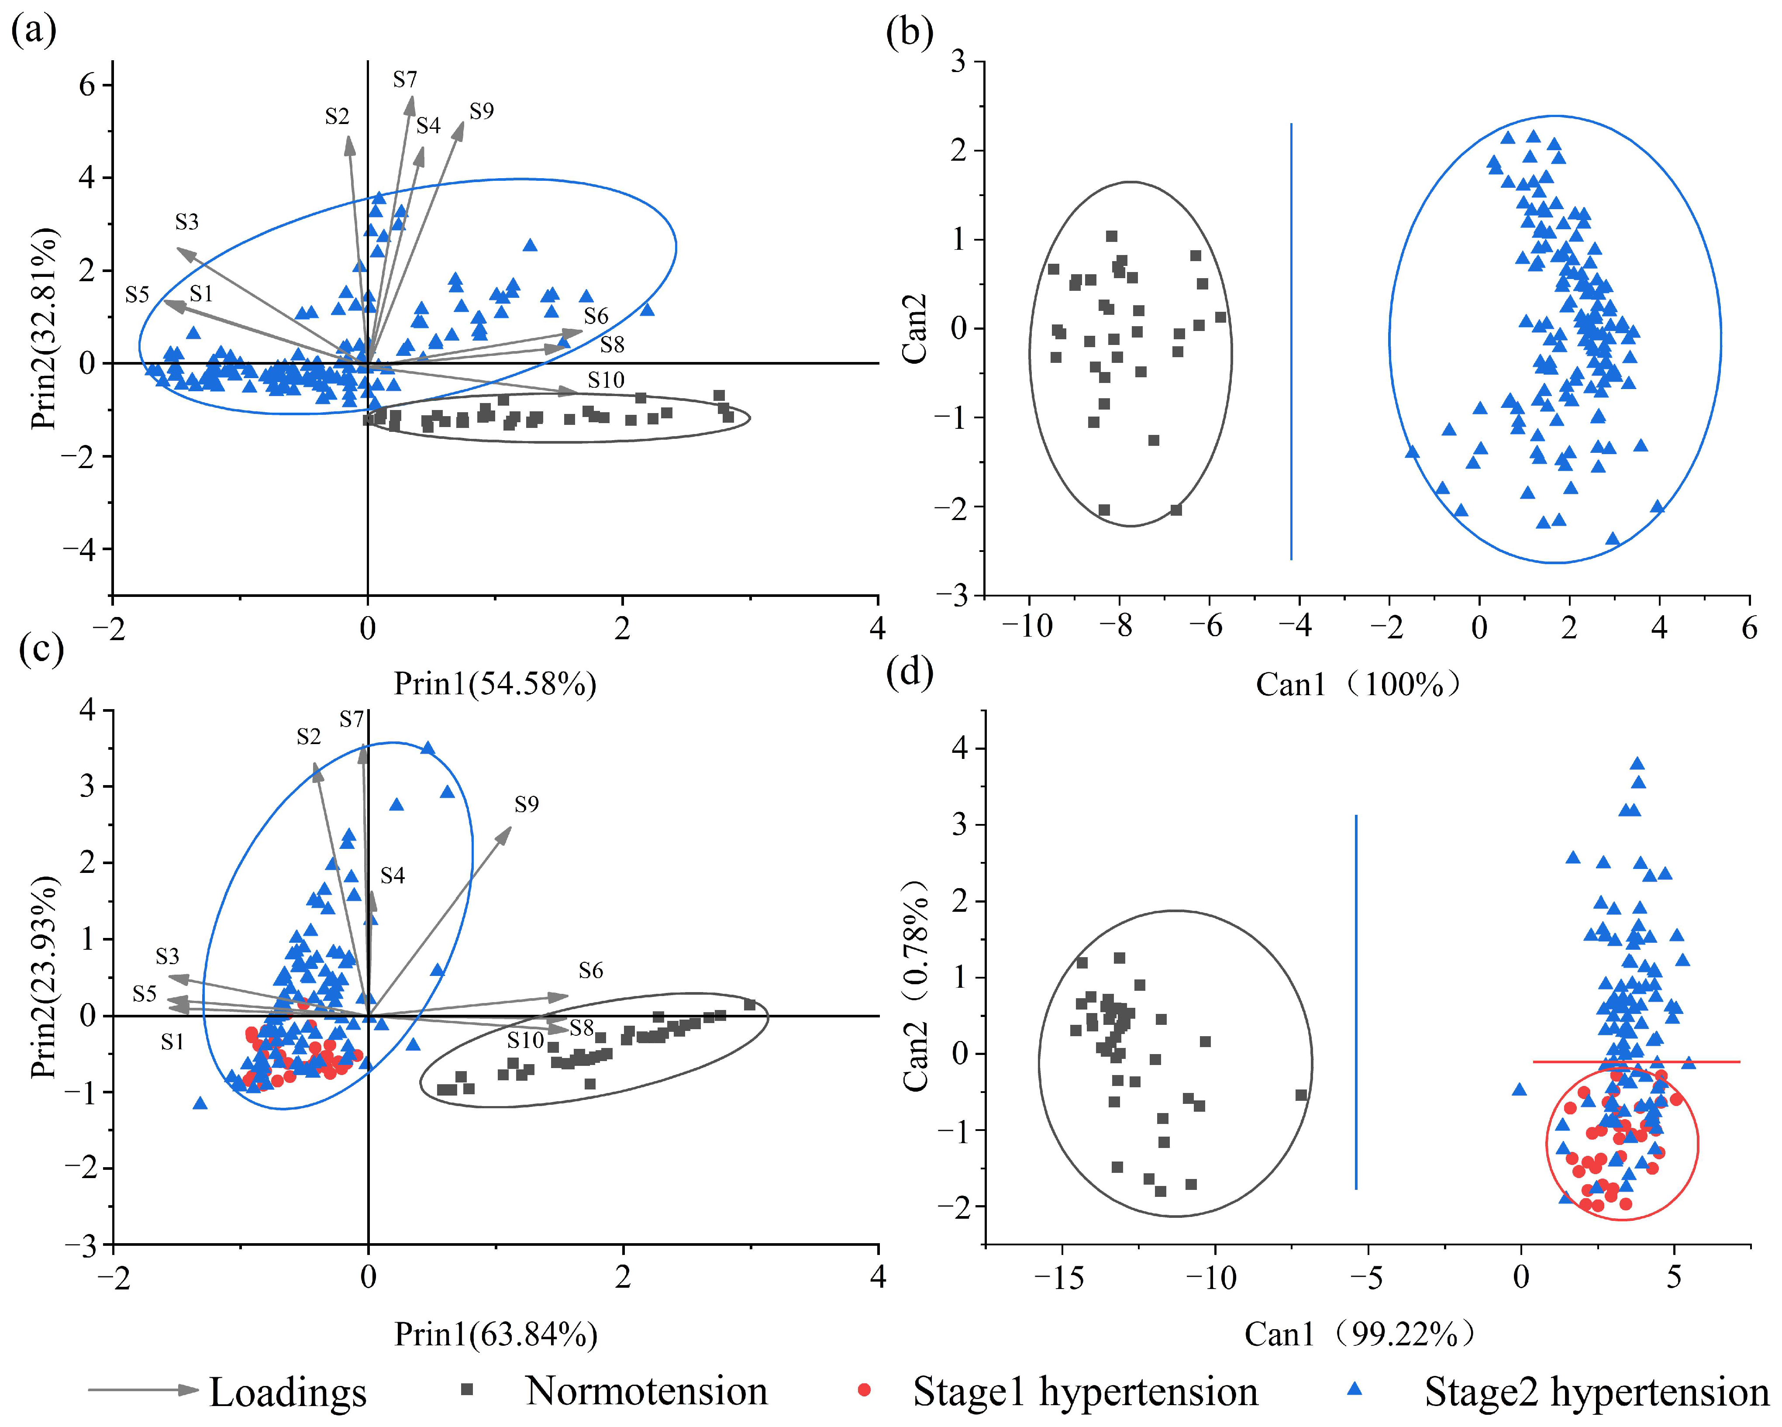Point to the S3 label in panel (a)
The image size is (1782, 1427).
[x=187, y=221]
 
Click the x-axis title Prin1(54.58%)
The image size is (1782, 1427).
[x=494, y=684]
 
